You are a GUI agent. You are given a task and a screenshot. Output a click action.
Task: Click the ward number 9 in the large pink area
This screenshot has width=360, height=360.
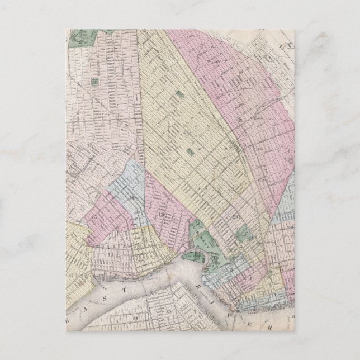pyautogui.click(x=240, y=119)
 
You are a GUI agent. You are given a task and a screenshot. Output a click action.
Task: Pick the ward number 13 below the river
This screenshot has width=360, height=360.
pyautogui.click(x=168, y=309)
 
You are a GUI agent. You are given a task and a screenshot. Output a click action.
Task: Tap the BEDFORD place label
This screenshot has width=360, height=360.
pyautogui.click(x=229, y=143)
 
